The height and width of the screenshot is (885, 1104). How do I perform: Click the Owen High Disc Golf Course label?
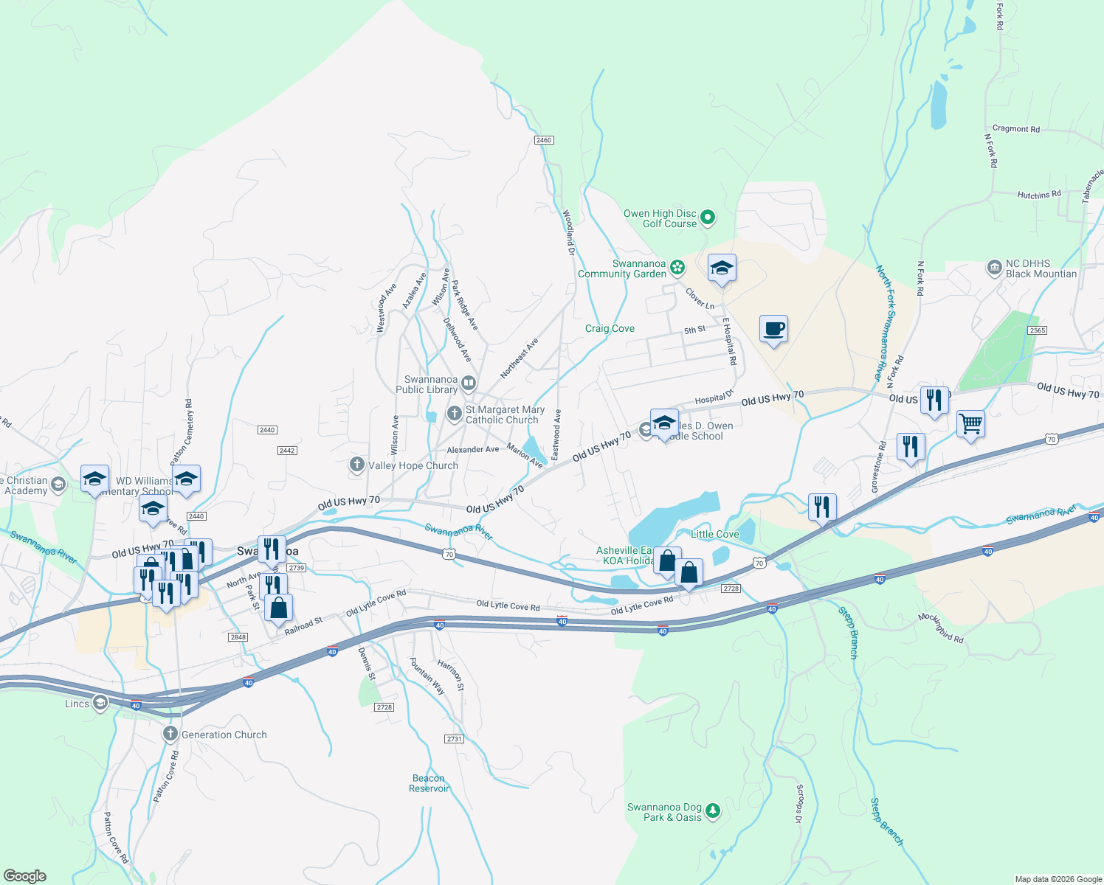(x=660, y=218)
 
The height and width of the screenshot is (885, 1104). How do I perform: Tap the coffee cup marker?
(x=773, y=329)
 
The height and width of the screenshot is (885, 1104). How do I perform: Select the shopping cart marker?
(x=970, y=424)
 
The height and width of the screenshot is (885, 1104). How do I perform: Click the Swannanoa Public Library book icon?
(x=469, y=383)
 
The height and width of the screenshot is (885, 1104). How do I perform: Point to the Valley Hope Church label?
(x=413, y=465)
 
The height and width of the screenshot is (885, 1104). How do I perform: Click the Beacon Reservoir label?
(x=429, y=783)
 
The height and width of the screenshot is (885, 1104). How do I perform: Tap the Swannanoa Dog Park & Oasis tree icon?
(x=712, y=811)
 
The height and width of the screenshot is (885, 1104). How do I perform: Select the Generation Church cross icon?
(x=170, y=734)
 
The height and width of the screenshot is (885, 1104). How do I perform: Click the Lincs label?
(x=77, y=704)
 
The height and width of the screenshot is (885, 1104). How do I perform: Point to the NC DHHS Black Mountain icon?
(x=994, y=267)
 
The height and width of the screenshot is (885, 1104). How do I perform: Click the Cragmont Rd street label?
(x=1015, y=128)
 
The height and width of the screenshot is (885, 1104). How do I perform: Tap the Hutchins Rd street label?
(x=1038, y=195)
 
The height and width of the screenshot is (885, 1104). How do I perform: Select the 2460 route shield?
(x=544, y=140)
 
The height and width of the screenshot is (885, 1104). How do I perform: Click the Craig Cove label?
(x=610, y=328)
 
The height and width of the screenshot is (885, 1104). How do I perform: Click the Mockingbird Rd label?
(x=941, y=628)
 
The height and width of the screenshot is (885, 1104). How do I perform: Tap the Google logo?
(x=25, y=875)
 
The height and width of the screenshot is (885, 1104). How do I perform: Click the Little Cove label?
(x=714, y=534)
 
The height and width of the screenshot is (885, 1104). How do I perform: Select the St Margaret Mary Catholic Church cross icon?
(x=454, y=413)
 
